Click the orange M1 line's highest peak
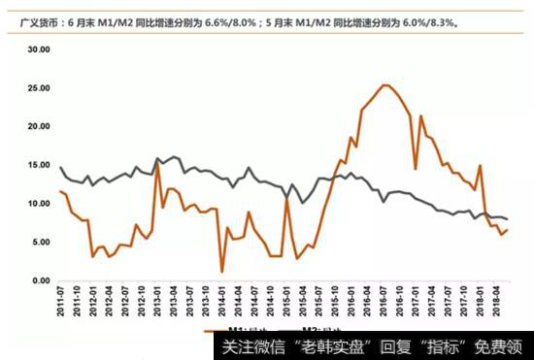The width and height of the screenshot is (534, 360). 385,85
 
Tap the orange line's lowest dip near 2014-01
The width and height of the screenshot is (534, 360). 222,271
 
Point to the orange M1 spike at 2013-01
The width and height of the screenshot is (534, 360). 157,161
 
